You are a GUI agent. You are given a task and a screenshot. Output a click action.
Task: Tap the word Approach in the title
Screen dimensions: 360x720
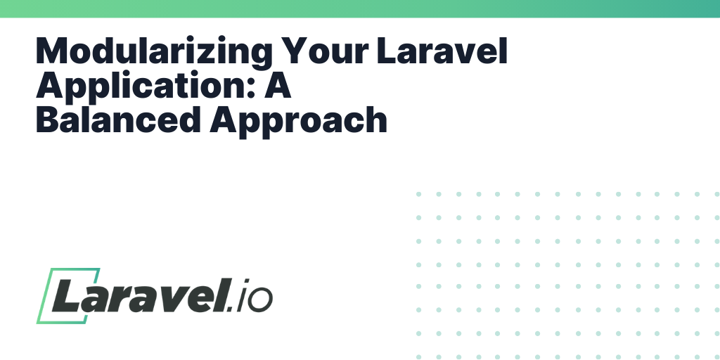click(x=299, y=122)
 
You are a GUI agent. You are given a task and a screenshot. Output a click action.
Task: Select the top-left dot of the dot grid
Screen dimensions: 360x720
click(x=418, y=193)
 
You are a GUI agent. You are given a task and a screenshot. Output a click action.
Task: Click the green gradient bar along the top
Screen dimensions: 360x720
click(x=360, y=8)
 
